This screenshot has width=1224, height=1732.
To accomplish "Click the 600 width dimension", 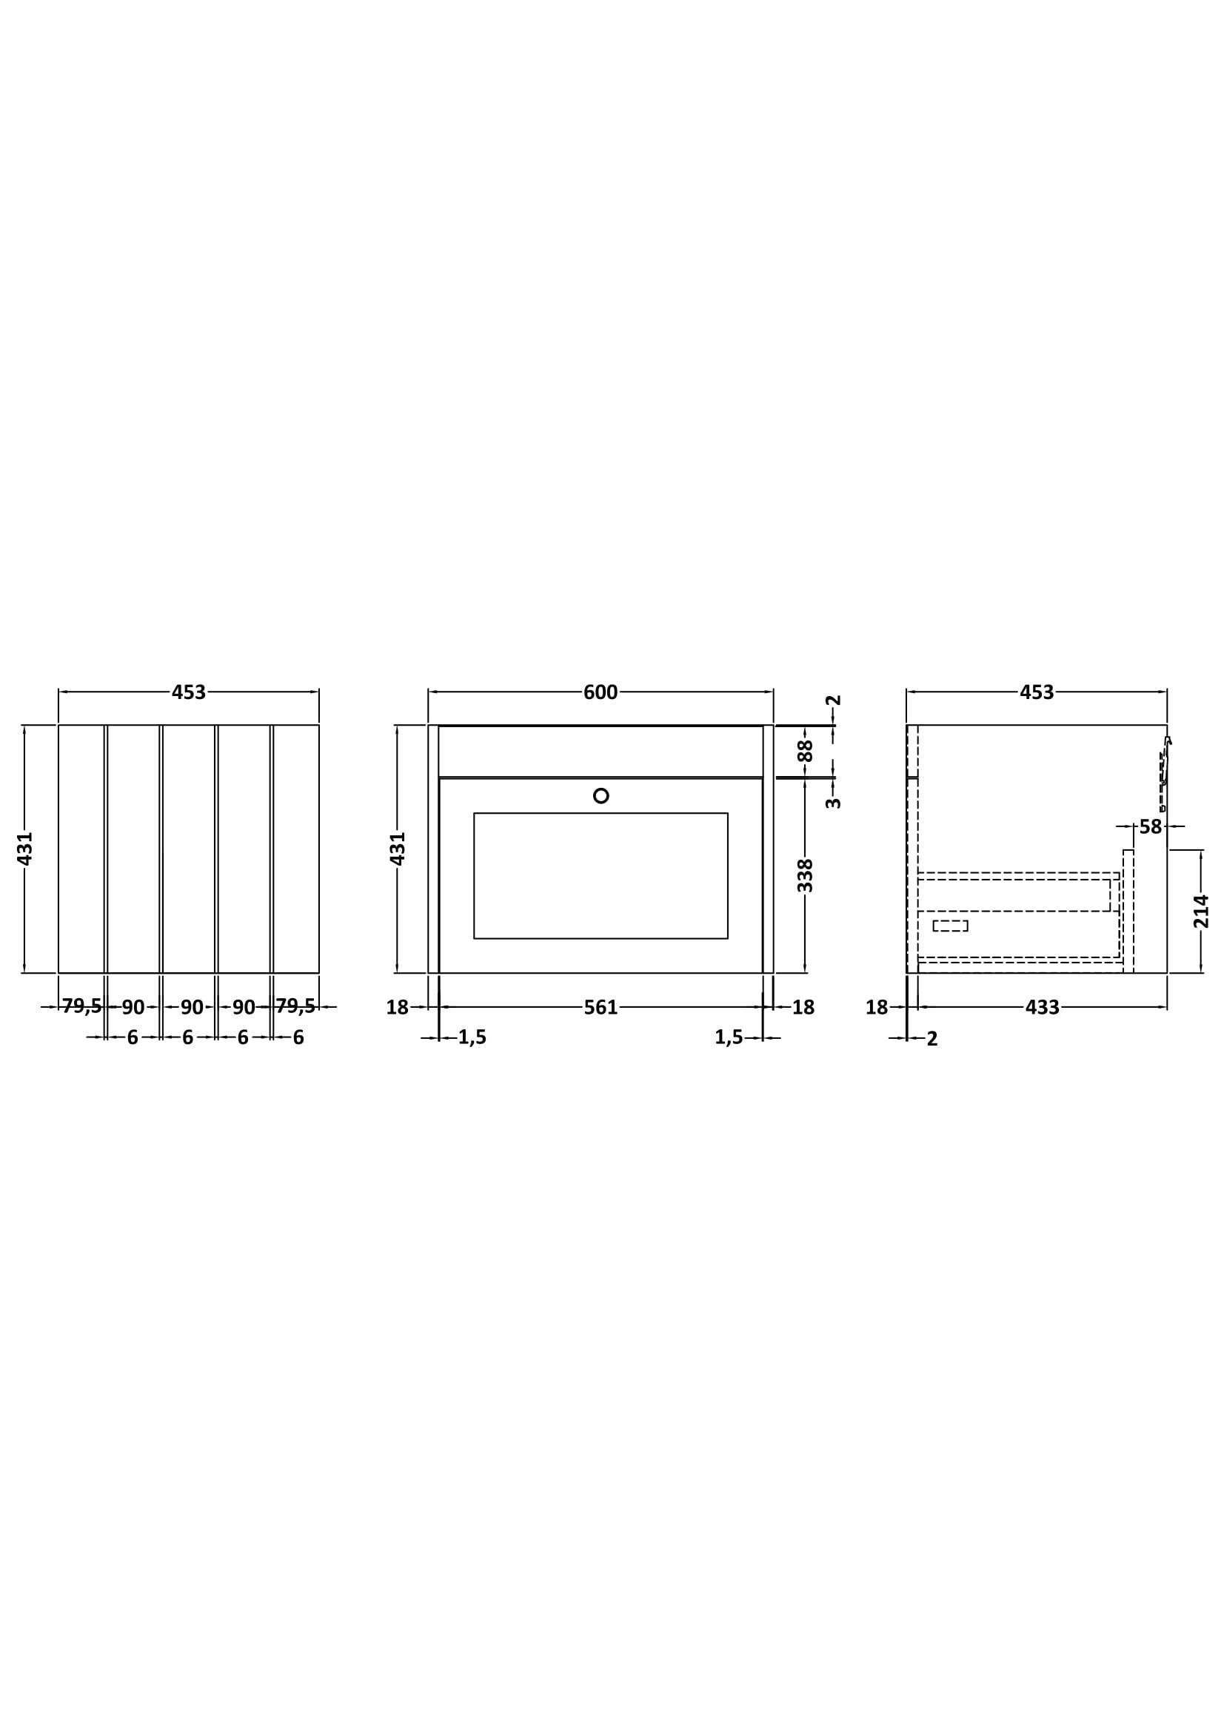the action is [601, 692].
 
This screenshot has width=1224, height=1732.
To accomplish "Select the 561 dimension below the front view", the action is [601, 1007].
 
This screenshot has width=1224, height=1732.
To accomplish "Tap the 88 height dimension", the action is [806, 751].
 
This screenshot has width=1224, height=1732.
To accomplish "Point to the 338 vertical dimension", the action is [806, 875].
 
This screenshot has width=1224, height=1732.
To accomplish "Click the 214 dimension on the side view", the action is [1201, 912].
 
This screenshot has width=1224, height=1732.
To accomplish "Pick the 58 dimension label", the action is [1150, 826].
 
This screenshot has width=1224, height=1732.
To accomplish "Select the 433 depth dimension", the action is [1043, 1007].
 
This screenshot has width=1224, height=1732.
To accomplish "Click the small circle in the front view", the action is [601, 795].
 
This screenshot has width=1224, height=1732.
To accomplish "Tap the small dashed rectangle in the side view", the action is [950, 926].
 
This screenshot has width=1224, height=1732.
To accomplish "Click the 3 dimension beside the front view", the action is [832, 803].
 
